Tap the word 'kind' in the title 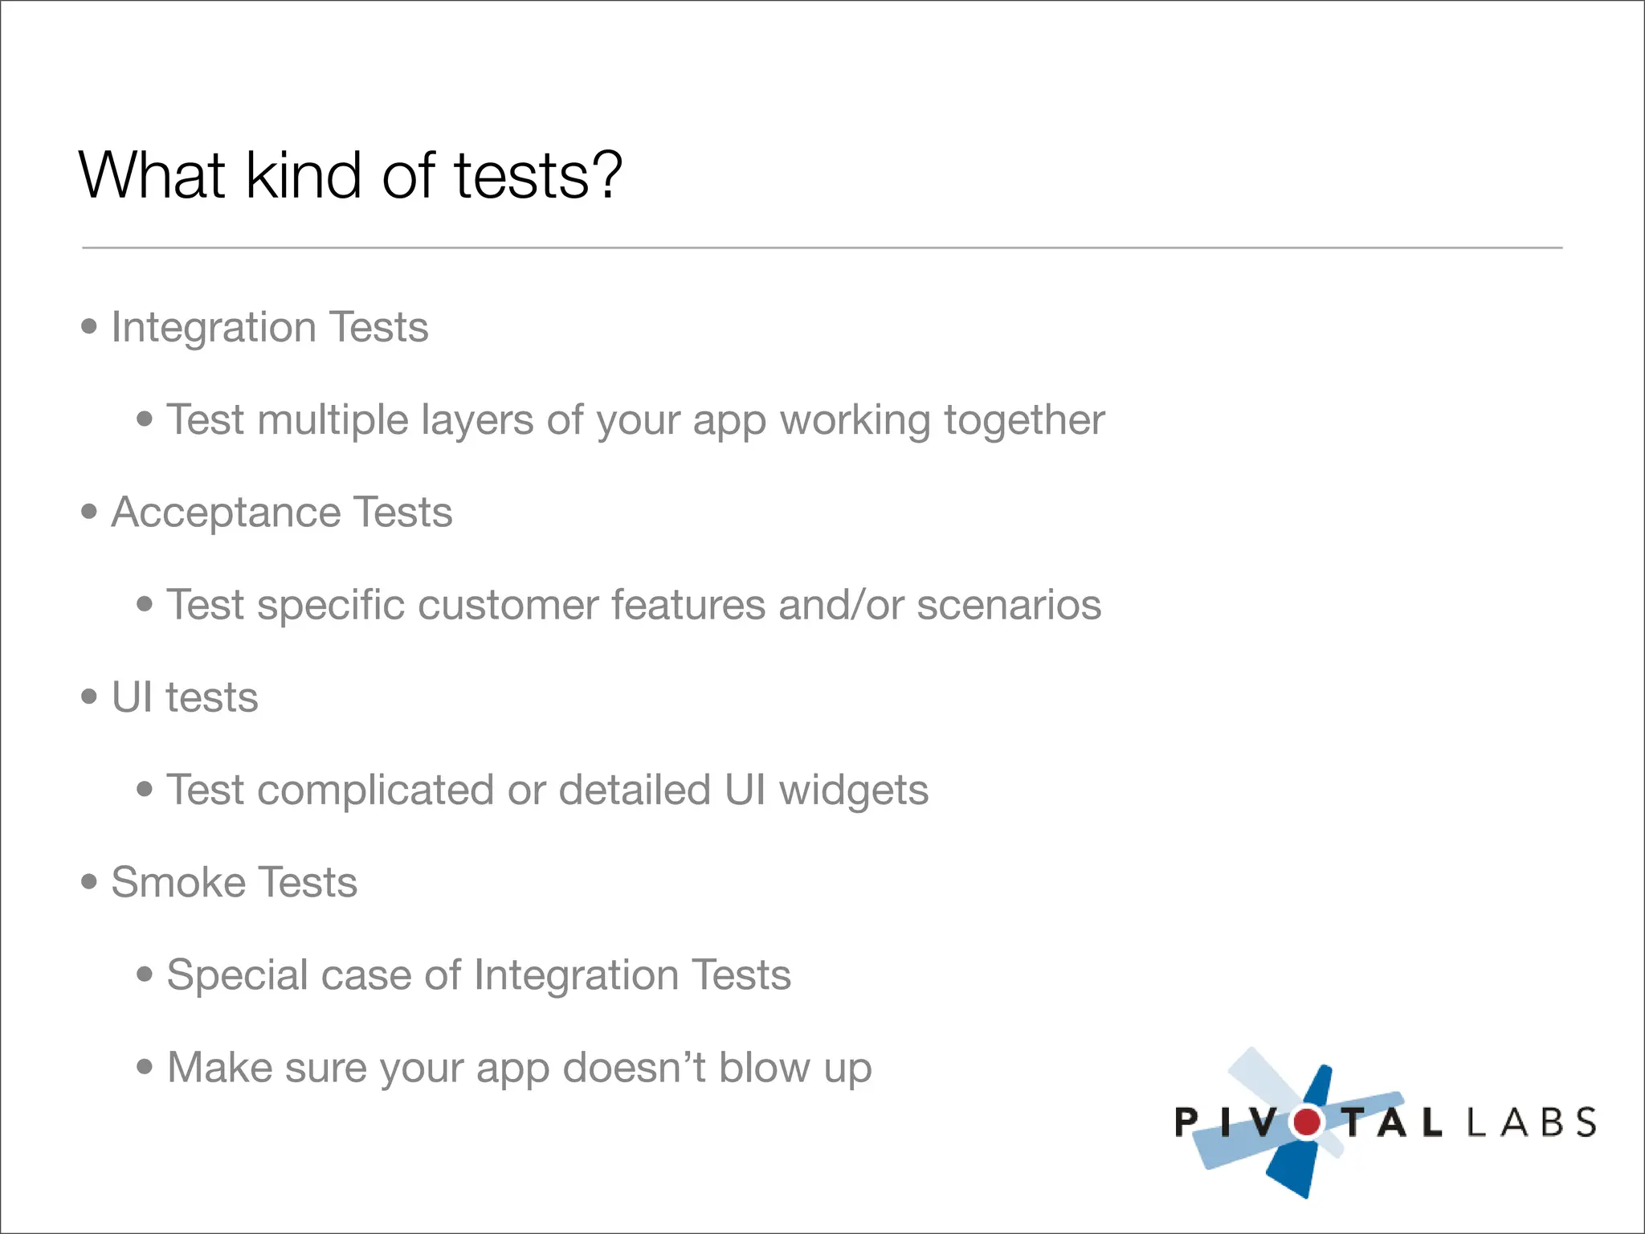click(304, 174)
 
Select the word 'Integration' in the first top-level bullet click(214, 328)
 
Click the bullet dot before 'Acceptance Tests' click(89, 511)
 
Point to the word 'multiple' click(333, 420)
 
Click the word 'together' click(1024, 420)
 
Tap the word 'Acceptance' click(226, 513)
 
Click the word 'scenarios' click(1009, 605)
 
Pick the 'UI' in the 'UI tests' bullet click(132, 697)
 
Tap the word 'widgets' click(854, 791)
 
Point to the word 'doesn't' click(634, 1068)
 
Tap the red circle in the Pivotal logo click(1307, 1122)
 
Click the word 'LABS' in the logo click(1531, 1122)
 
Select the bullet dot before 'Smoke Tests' click(89, 881)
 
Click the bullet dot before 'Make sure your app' click(145, 1067)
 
